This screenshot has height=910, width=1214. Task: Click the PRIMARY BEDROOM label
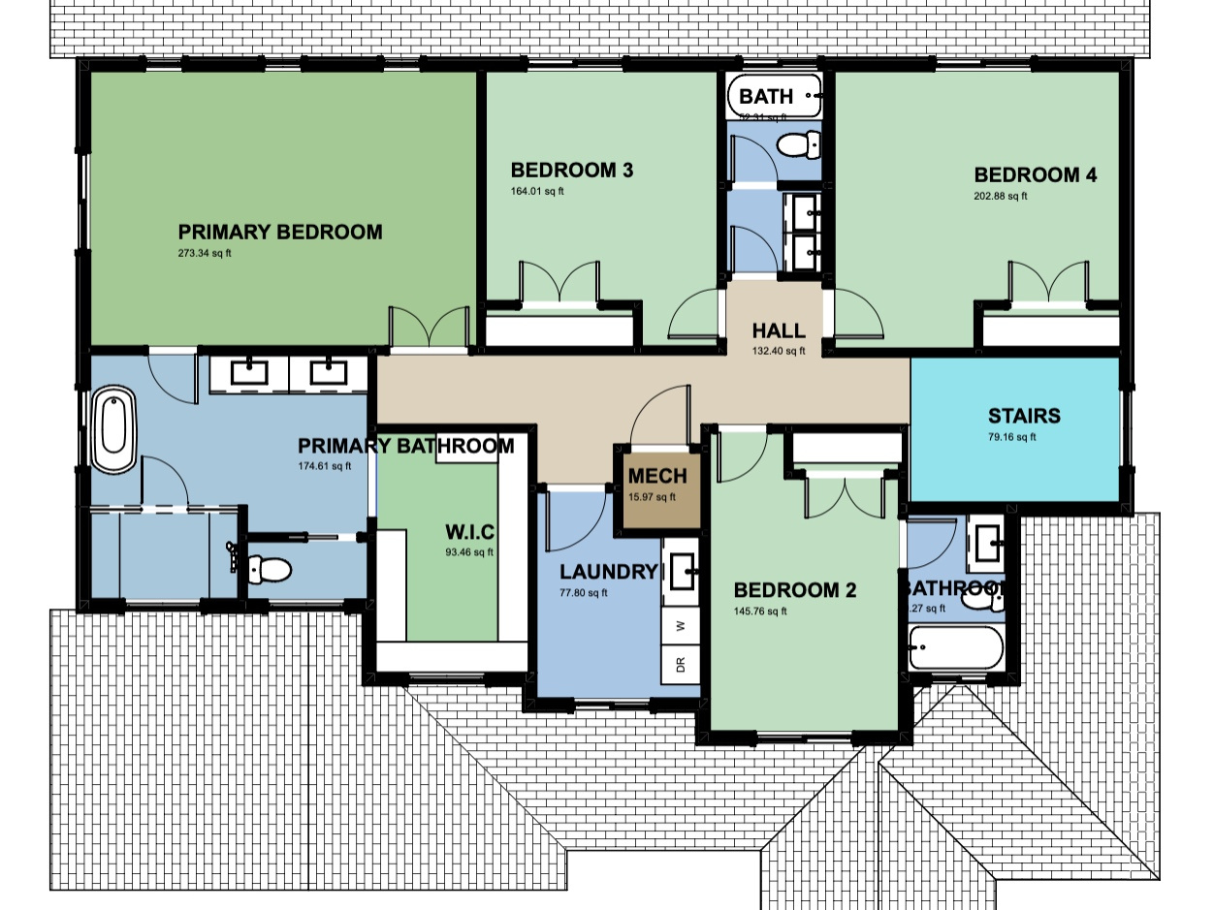pos(279,233)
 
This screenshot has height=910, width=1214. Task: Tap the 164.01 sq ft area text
pos(536,191)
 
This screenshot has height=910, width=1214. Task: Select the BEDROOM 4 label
pos(1035,175)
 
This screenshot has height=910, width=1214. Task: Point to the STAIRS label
pos(1023,417)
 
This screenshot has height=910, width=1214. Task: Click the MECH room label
pos(656,476)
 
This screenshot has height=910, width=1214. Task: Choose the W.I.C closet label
pos(469,533)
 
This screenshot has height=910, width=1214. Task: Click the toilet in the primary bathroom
pos(269,570)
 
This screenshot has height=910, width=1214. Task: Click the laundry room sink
pos(685,572)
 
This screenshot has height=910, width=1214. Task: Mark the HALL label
pos(779,330)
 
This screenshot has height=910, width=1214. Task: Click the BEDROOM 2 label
pos(794,590)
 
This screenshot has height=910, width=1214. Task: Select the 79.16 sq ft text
pos(1012,437)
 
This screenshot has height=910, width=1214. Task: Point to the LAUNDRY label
pos(608,572)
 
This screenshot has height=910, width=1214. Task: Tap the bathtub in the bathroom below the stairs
pos(954,646)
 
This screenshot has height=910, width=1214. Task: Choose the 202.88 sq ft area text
pos(1000,196)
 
